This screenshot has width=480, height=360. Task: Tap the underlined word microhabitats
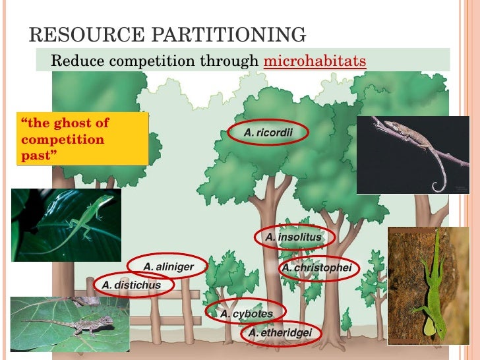pos(314,61)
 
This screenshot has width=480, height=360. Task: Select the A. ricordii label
pos(268,133)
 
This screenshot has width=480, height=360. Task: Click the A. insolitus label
pos(294,237)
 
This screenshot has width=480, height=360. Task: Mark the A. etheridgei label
pos(280,334)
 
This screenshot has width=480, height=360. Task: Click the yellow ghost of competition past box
pos(82,138)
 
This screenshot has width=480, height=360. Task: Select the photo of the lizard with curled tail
pos(412,154)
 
